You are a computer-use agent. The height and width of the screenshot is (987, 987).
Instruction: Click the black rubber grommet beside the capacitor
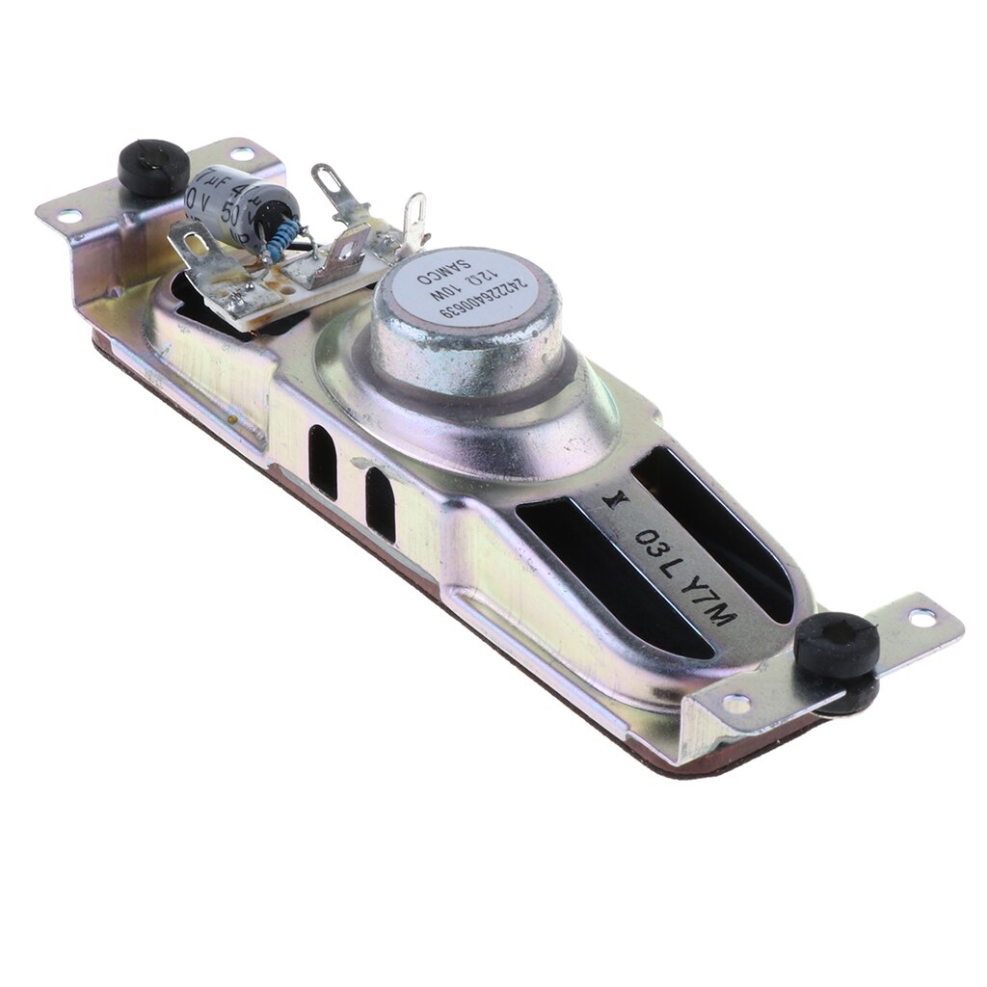point(153,167)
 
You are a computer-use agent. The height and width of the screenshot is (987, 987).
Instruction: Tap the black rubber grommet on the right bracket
point(837,646)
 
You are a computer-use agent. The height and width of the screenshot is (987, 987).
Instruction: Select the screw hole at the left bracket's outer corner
point(69,216)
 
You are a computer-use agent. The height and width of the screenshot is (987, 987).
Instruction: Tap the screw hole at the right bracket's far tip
point(921,617)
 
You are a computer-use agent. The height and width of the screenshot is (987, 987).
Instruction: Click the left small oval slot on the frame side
point(322,462)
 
